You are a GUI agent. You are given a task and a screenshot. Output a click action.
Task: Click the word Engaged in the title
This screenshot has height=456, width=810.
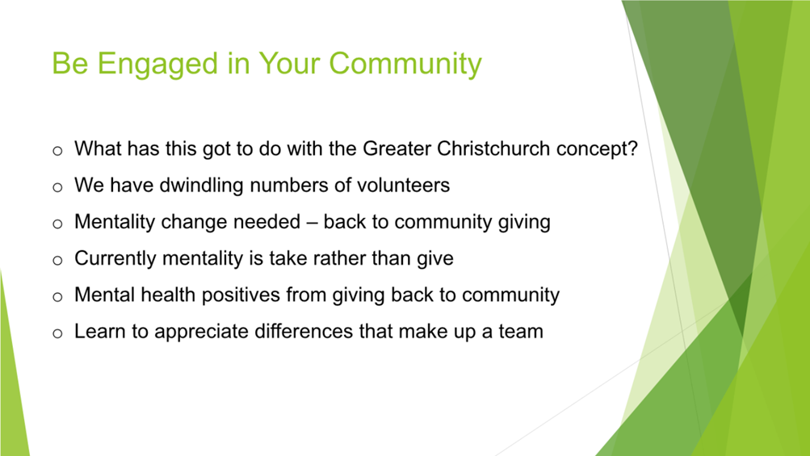click(157, 64)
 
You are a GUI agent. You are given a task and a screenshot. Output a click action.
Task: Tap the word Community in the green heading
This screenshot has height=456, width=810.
click(405, 64)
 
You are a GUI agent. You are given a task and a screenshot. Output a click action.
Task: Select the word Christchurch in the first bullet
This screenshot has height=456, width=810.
click(493, 149)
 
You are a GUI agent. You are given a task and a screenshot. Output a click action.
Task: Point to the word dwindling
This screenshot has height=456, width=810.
click(201, 186)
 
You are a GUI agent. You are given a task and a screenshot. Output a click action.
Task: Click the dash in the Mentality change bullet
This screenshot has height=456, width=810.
click(312, 223)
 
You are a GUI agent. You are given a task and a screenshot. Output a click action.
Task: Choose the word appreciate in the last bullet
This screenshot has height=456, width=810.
click(201, 332)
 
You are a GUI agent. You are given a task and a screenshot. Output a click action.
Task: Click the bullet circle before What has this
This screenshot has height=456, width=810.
click(57, 151)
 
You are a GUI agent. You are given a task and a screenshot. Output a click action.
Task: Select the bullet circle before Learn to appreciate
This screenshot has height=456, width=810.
click(57, 333)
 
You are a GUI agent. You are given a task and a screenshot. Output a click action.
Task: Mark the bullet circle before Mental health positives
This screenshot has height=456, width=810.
click(57, 297)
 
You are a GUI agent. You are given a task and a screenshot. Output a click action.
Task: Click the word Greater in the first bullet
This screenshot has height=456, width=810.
click(397, 149)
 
